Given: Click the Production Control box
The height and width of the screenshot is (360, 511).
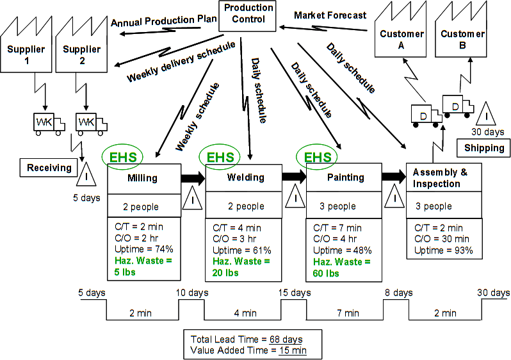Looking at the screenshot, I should click(248, 14).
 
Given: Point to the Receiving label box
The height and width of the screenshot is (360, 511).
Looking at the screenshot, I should click(49, 168).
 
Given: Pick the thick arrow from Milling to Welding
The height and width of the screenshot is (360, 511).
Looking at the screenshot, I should click(192, 178).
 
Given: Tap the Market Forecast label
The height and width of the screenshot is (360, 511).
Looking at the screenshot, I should click(330, 15).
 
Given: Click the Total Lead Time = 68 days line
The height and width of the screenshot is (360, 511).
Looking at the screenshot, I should click(247, 338).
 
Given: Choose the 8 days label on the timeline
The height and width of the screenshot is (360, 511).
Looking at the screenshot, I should click(398, 293).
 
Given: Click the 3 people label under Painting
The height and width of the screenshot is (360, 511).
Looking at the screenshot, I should click(337, 206).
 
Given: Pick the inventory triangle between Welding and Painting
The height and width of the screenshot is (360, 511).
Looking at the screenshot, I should click(295, 197).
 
